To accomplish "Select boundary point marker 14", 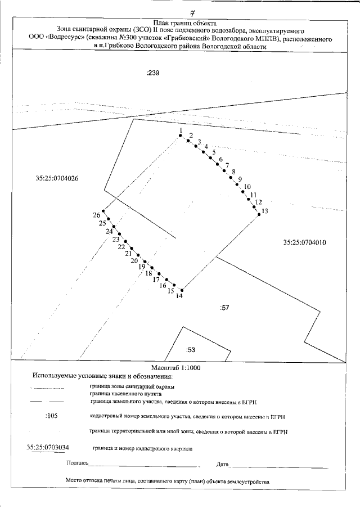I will (181, 290).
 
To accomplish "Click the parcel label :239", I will (154, 73).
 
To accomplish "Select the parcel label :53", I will (190, 350).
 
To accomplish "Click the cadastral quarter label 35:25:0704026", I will (56, 178).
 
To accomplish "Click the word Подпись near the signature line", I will (77, 463).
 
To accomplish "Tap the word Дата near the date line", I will (222, 464).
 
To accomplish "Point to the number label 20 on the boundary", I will (134, 260).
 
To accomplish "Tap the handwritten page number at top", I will (192, 10).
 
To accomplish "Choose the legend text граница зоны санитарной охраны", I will (132, 386).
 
